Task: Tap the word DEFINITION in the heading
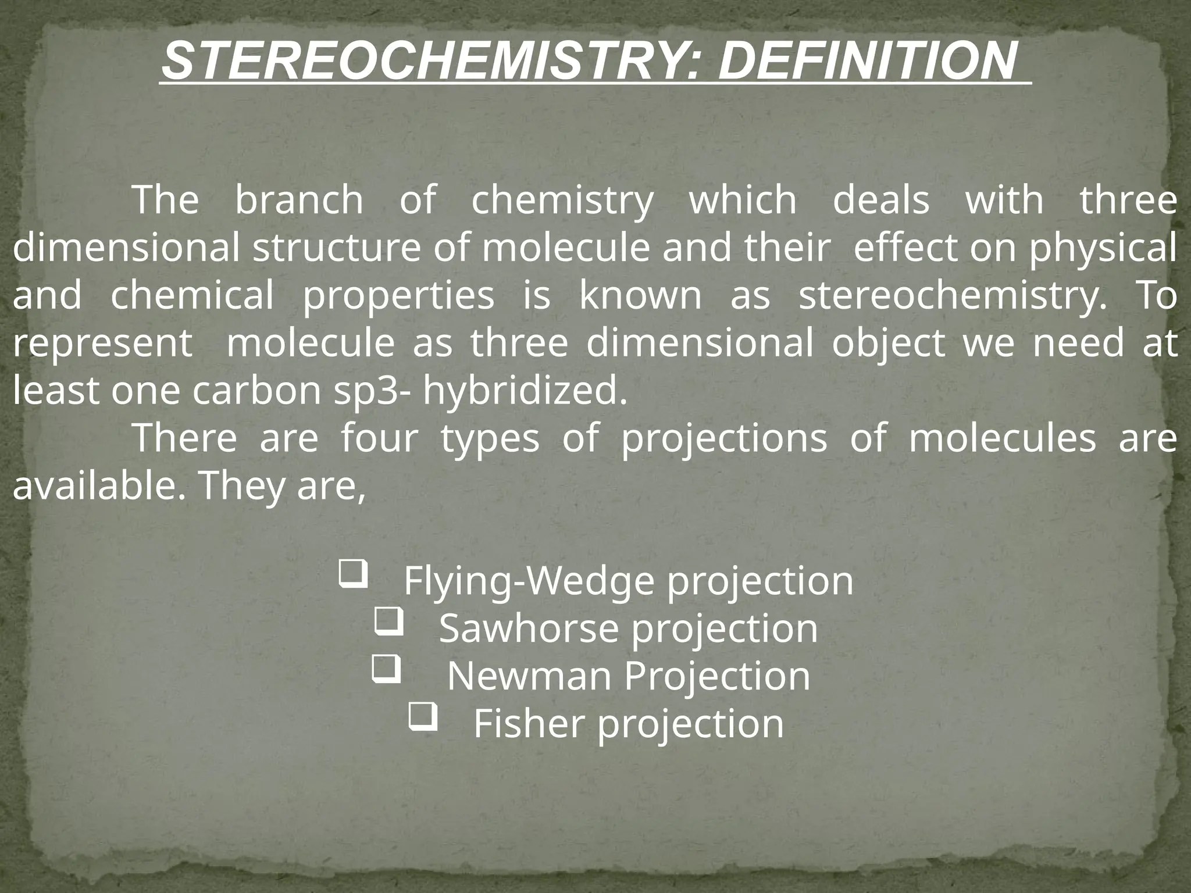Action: click(868, 62)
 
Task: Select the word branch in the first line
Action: click(299, 200)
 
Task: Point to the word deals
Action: click(881, 200)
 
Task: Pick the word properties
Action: click(398, 295)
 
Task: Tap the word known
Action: click(640, 295)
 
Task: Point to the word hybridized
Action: click(525, 391)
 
